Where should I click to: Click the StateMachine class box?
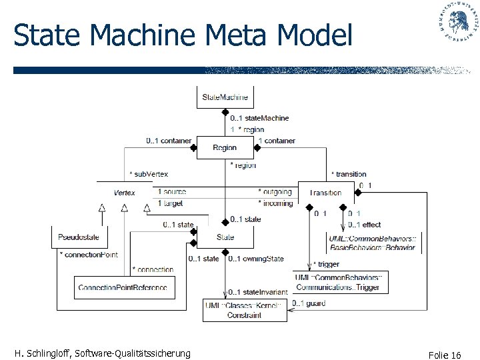point(225,97)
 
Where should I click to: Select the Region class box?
point(225,148)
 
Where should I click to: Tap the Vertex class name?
point(124,193)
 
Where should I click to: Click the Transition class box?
point(326,193)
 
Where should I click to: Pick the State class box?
point(225,237)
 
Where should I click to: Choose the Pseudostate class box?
point(79,237)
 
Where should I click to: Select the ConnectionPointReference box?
point(122,287)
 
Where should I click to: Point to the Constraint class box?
point(244,310)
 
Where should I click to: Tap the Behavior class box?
point(372,242)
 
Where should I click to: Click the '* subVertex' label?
point(149,174)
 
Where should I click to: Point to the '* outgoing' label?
point(275,192)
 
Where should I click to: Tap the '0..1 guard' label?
point(309,304)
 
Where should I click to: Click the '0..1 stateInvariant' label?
point(258,292)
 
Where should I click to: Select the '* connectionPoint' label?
point(89,255)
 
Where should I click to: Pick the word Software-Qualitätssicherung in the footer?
point(133,353)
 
